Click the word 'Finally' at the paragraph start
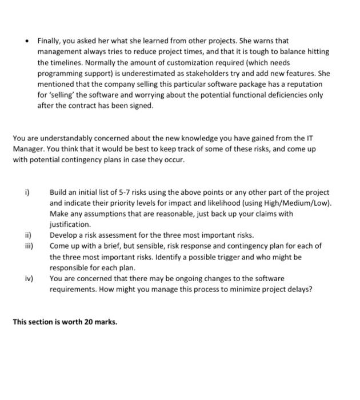(x=49, y=41)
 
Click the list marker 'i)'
(x=27, y=193)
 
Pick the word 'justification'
(x=70, y=225)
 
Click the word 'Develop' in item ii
(x=63, y=235)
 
